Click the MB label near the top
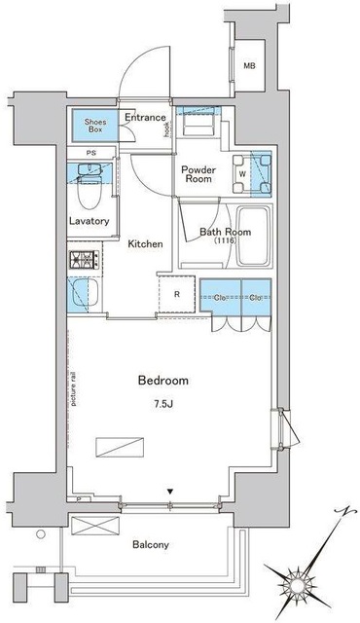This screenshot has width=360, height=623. pyautogui.click(x=249, y=65)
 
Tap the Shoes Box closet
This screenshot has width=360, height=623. pyautogui.click(x=94, y=124)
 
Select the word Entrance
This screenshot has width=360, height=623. pyautogui.click(x=145, y=117)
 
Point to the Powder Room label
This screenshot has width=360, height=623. pyautogui.click(x=198, y=173)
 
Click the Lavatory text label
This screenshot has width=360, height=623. pyautogui.click(x=90, y=221)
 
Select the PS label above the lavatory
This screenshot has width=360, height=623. pyautogui.click(x=91, y=153)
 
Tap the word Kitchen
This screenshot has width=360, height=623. pyautogui.click(x=145, y=243)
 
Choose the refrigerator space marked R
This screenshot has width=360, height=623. pyautogui.click(x=176, y=294)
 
